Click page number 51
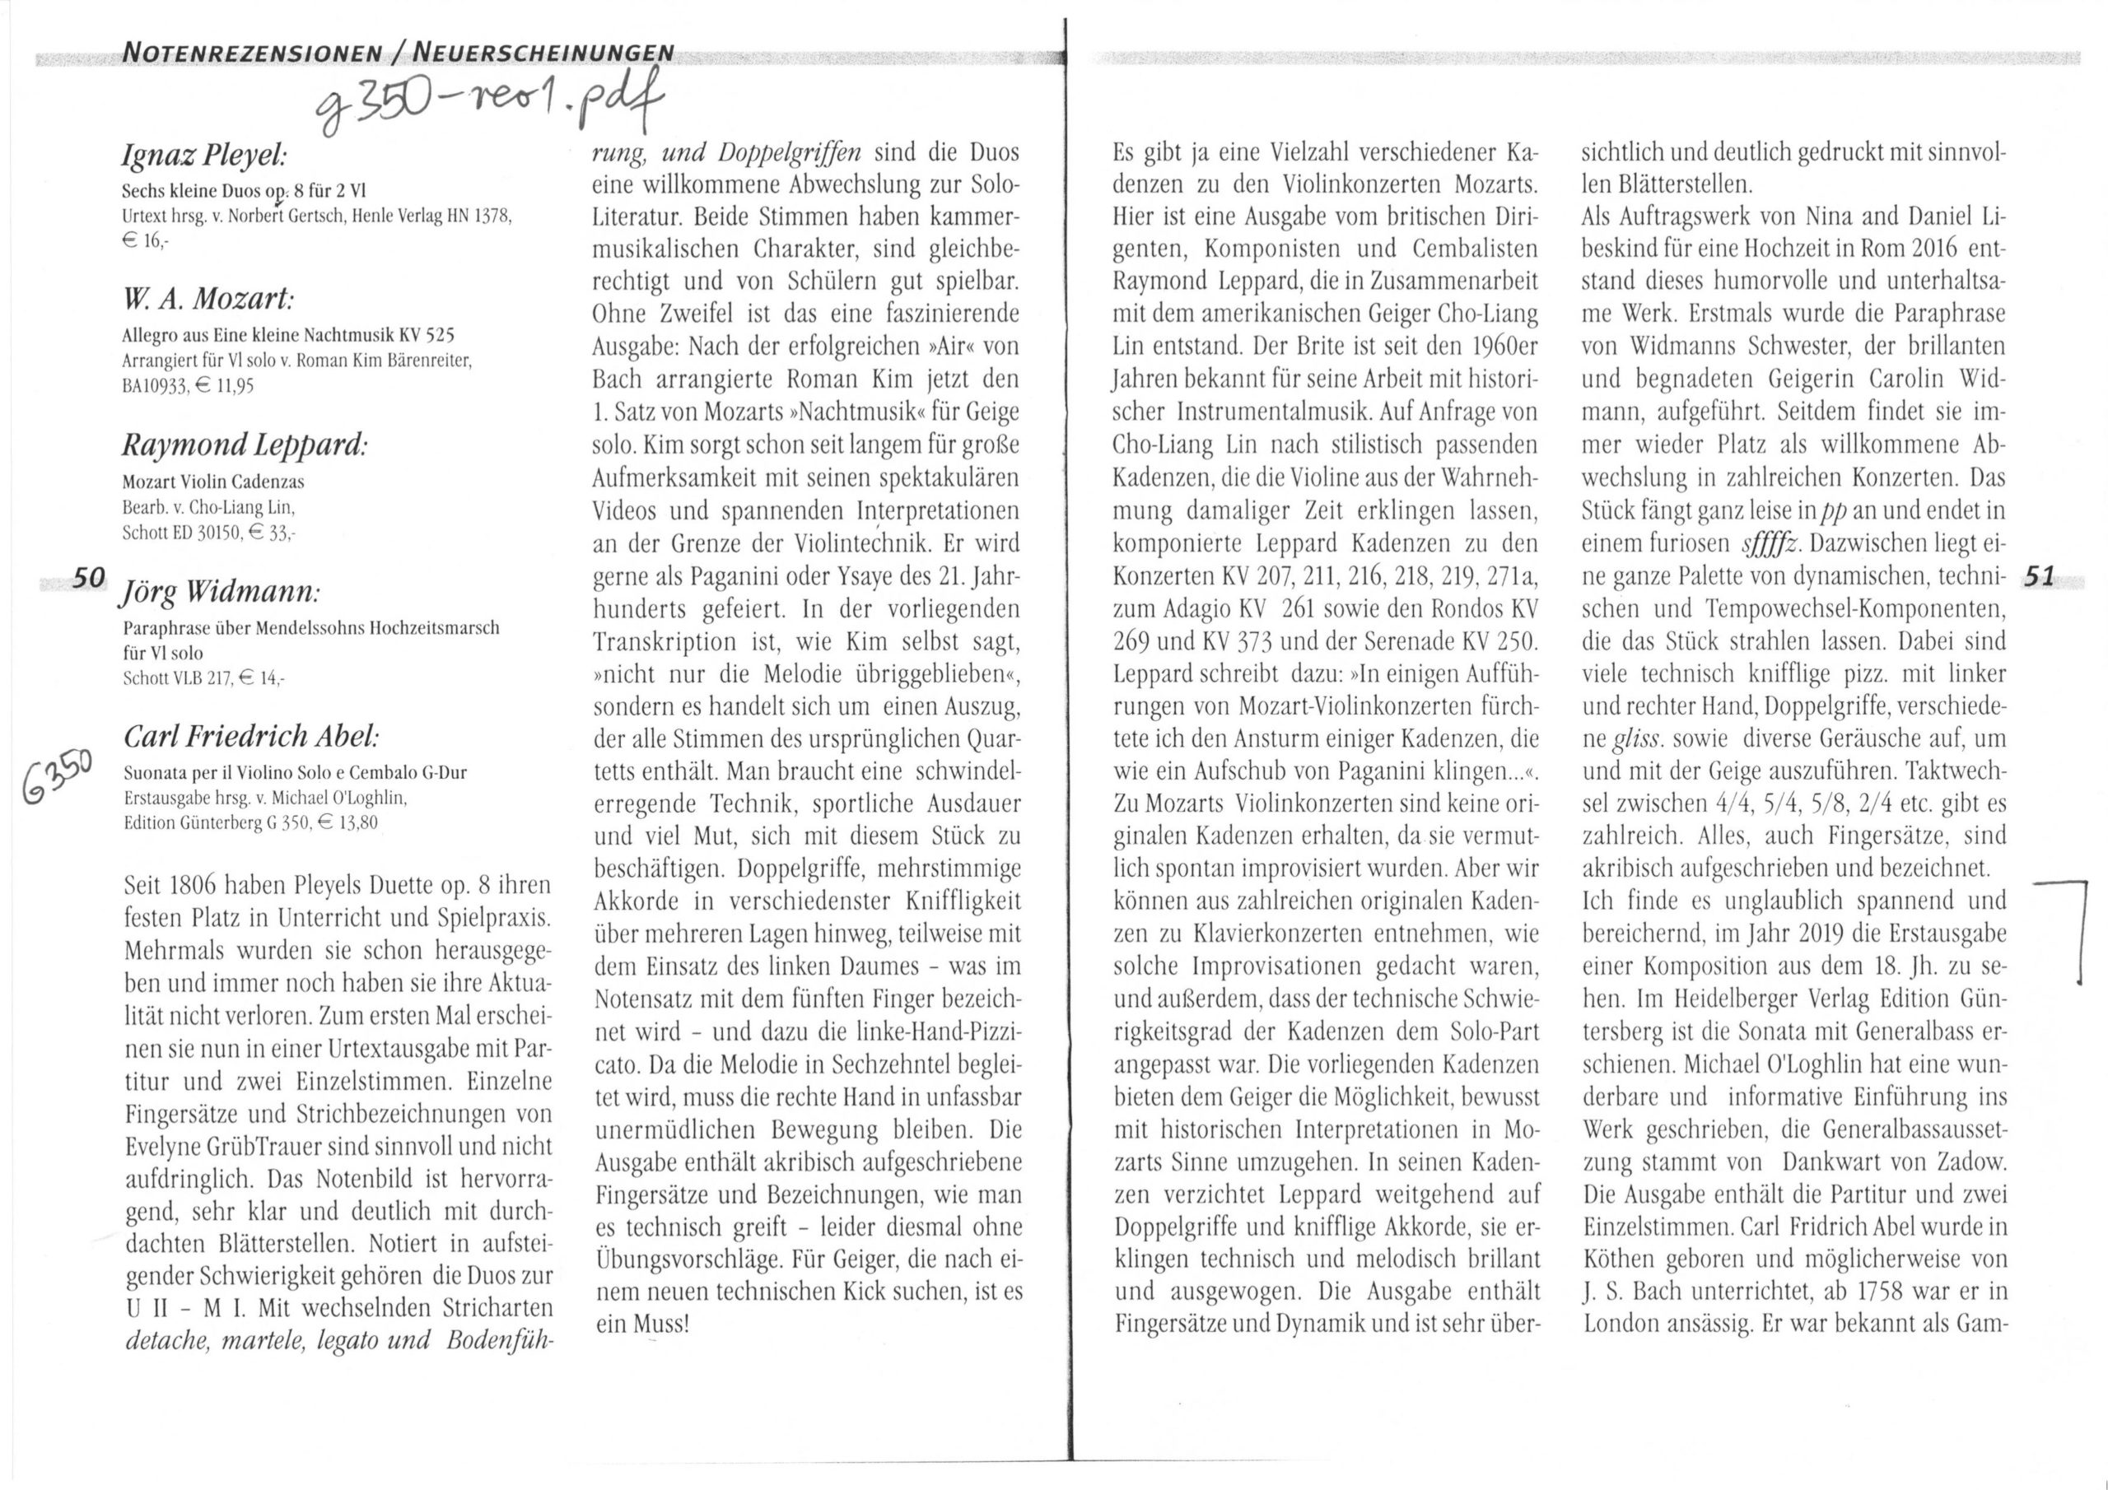[x=2039, y=575]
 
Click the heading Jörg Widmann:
[x=221, y=592]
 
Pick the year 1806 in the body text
[x=193, y=886]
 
